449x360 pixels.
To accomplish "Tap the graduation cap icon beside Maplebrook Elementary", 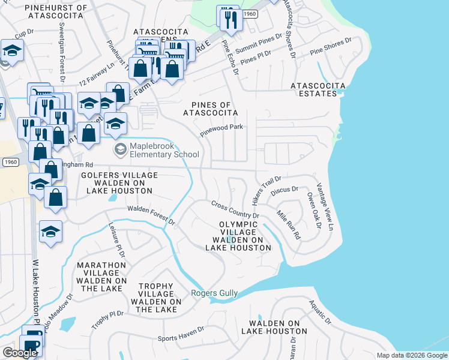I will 120,148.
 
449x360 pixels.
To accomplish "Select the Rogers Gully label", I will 214,293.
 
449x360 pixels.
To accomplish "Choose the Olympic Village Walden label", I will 238,236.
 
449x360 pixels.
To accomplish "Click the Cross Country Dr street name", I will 235,210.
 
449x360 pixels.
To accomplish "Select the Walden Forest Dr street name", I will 150,216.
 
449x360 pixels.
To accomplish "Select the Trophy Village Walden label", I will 156,298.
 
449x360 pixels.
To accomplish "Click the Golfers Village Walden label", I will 119,182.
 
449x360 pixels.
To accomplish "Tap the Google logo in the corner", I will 20,353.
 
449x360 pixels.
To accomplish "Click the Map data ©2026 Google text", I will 411,355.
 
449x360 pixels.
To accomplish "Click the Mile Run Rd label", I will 288,224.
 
